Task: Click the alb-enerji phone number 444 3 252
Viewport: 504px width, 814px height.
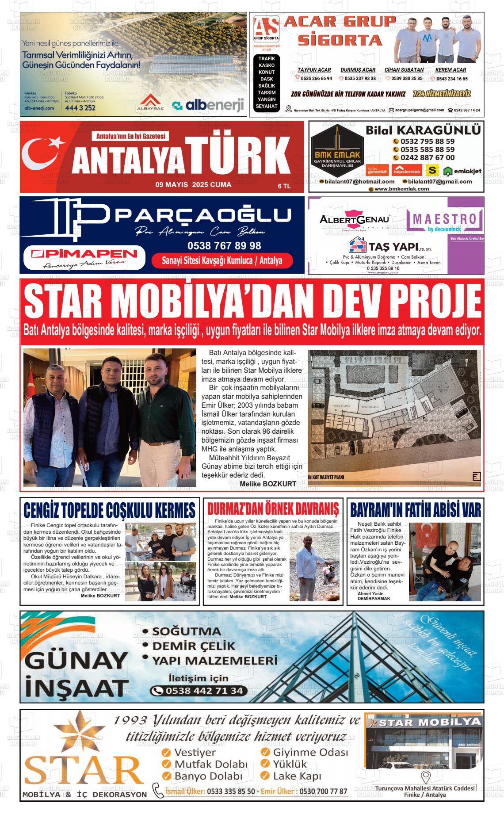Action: click(80, 108)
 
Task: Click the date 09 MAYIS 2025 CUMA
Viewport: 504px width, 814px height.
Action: click(193, 185)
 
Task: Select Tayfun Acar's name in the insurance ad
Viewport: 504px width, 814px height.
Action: click(314, 70)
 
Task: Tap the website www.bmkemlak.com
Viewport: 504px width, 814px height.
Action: click(401, 189)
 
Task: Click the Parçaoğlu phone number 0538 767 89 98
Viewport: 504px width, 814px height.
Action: click(224, 246)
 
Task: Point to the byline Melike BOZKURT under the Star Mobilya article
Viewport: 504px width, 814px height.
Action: click(267, 484)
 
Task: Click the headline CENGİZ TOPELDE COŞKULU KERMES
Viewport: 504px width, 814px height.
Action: click(109, 510)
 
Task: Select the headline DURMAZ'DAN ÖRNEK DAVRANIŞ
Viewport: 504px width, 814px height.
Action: click(273, 509)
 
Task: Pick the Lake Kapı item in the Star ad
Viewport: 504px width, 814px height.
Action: click(297, 776)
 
